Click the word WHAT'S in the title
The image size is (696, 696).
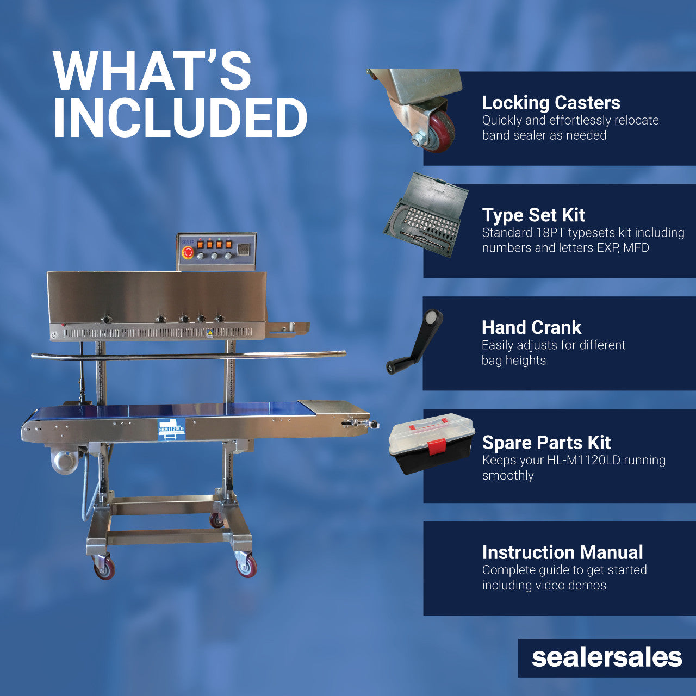pyautogui.click(x=152, y=71)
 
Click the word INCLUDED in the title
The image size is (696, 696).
pyautogui.click(x=180, y=118)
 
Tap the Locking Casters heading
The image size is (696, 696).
pyautogui.click(x=551, y=103)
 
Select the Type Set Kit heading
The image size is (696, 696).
pyautogui.click(x=533, y=215)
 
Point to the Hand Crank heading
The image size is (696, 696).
pyautogui.click(x=531, y=327)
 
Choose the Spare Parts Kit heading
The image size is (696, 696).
pyautogui.click(x=546, y=443)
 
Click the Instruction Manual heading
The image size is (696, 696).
pyautogui.click(x=562, y=552)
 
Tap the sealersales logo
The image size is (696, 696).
pyautogui.click(x=606, y=657)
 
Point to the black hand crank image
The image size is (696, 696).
pyautogui.click(x=415, y=341)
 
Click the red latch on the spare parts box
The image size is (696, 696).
pyautogui.click(x=436, y=446)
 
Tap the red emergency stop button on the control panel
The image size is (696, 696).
pyautogui.click(x=188, y=252)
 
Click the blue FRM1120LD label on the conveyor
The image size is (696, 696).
pyautogui.click(x=171, y=429)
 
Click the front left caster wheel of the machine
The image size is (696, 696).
pyautogui.click(x=104, y=568)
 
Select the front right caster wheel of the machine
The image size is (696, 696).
pyautogui.click(x=247, y=565)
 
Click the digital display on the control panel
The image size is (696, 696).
pyautogui.click(x=244, y=250)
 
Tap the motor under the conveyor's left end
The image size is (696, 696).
pyautogui.click(x=65, y=459)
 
